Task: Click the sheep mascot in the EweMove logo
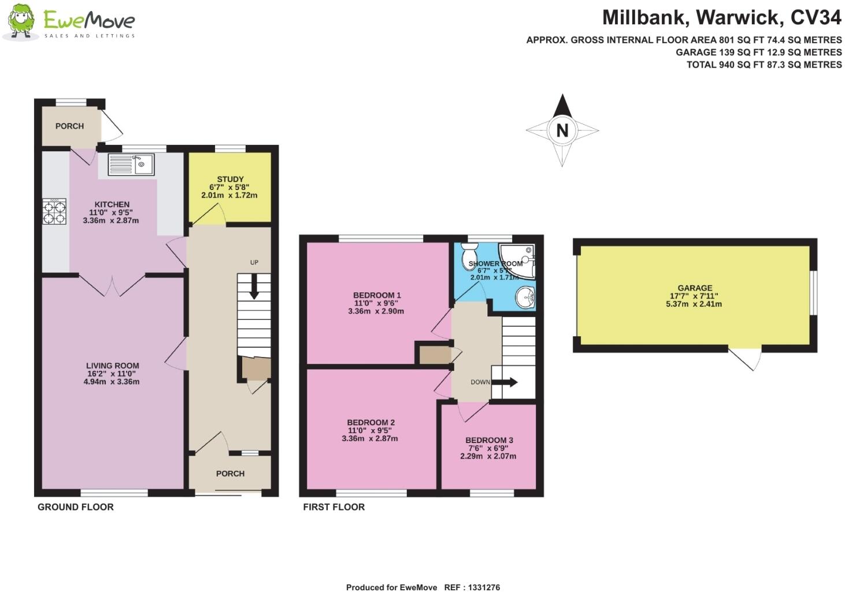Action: [20, 22]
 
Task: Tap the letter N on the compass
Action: [562, 131]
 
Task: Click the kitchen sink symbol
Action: [132, 165]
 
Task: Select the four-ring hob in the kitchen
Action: [54, 211]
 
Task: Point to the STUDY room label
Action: [230, 179]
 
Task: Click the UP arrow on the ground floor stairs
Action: [253, 286]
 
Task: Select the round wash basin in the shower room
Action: [526, 299]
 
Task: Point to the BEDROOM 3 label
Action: [488, 440]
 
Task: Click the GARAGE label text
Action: [695, 288]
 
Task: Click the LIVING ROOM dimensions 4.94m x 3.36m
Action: [112, 382]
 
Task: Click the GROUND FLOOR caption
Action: [75, 507]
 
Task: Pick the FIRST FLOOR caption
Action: [333, 507]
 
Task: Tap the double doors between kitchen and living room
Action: [112, 285]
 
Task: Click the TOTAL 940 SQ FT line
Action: [764, 65]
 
